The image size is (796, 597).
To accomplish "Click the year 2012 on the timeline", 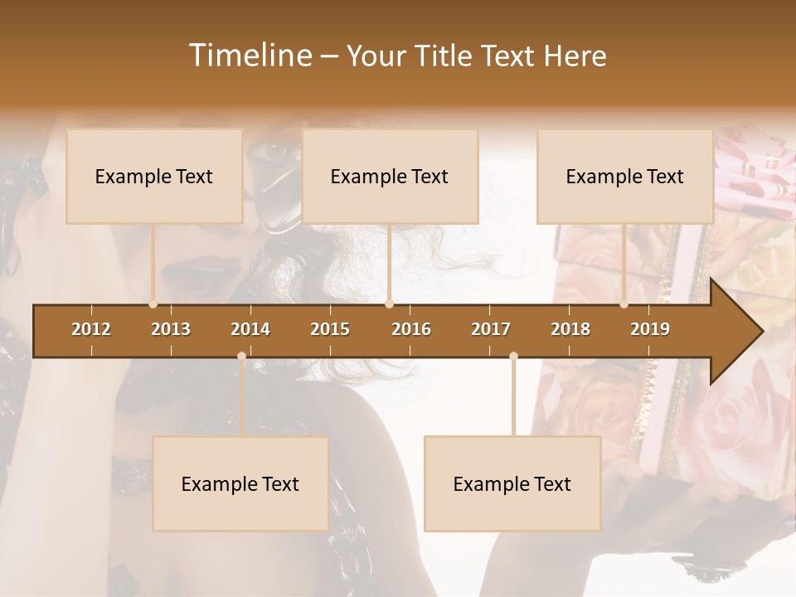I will [91, 329].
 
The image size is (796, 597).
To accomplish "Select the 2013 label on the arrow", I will [171, 329].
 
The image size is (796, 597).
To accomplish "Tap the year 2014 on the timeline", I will [250, 329].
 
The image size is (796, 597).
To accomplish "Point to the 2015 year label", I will [330, 329].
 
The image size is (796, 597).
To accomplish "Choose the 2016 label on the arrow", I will [411, 329].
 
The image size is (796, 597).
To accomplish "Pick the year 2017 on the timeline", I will [491, 329].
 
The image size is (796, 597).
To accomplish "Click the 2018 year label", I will [570, 329].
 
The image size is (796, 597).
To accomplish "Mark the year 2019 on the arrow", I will [650, 329].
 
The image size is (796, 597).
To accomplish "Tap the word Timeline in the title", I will [250, 56].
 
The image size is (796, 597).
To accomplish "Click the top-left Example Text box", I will [154, 176].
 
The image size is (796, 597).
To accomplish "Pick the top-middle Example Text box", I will [390, 176].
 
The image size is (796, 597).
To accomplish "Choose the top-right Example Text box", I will [625, 176].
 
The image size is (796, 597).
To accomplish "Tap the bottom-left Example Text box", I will [240, 483].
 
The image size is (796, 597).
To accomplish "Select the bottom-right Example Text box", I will [512, 483].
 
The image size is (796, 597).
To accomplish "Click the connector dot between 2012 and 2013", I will [153, 304].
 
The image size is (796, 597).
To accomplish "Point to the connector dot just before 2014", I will [241, 357].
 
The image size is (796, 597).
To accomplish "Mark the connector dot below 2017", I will [513, 357].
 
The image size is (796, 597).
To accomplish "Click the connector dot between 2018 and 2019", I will [624, 304].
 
